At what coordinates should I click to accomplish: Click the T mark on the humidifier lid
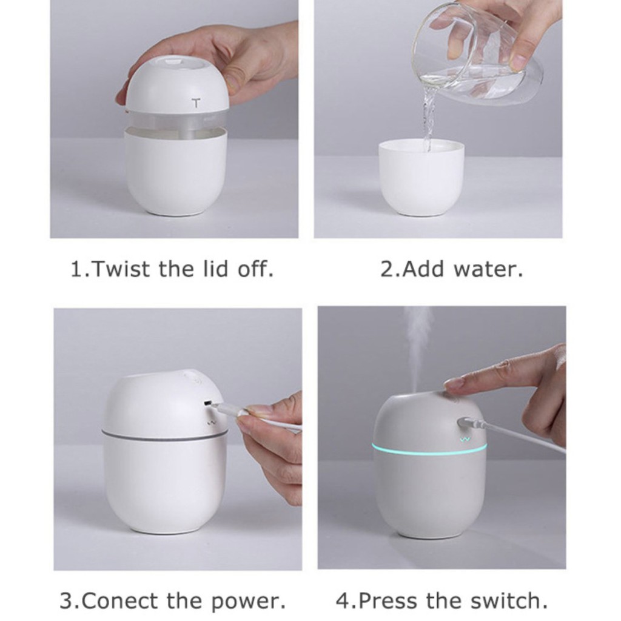click(x=196, y=104)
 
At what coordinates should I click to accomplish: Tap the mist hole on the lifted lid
click(x=173, y=61)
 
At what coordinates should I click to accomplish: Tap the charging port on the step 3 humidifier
click(x=207, y=403)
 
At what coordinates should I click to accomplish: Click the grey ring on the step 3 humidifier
click(x=164, y=434)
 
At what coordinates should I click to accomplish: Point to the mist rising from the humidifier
click(x=418, y=346)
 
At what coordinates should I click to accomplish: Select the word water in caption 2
click(x=492, y=269)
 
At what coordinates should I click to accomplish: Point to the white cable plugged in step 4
click(x=522, y=437)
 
